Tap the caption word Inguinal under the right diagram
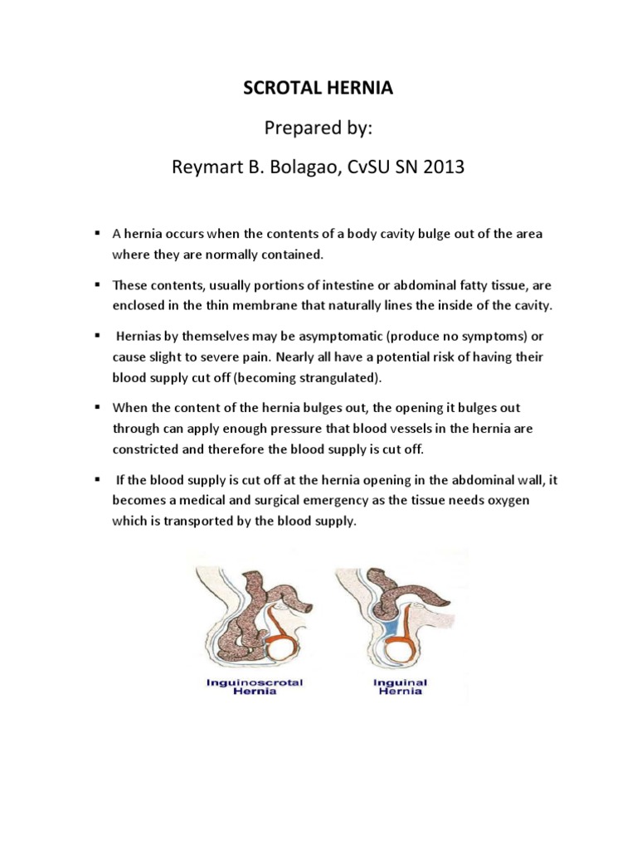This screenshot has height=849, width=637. click(x=401, y=682)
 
